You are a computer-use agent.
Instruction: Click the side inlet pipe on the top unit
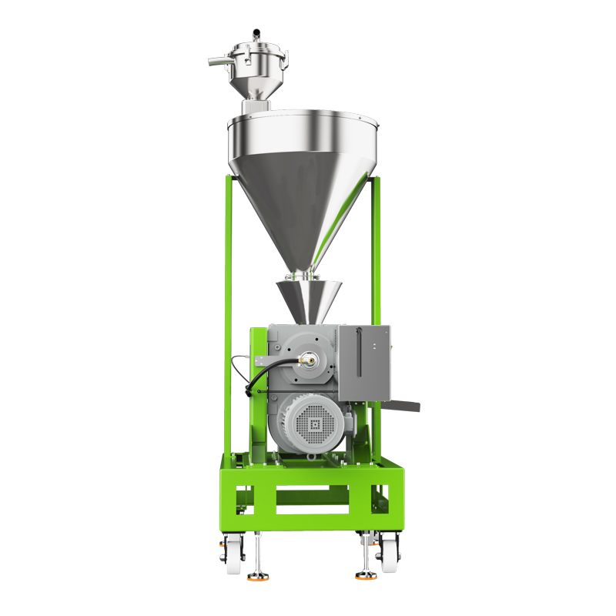219,59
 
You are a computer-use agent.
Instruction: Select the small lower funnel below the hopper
309,300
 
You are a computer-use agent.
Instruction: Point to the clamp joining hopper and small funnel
302,275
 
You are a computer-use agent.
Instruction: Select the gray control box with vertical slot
363,362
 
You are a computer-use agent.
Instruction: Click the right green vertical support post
376,254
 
